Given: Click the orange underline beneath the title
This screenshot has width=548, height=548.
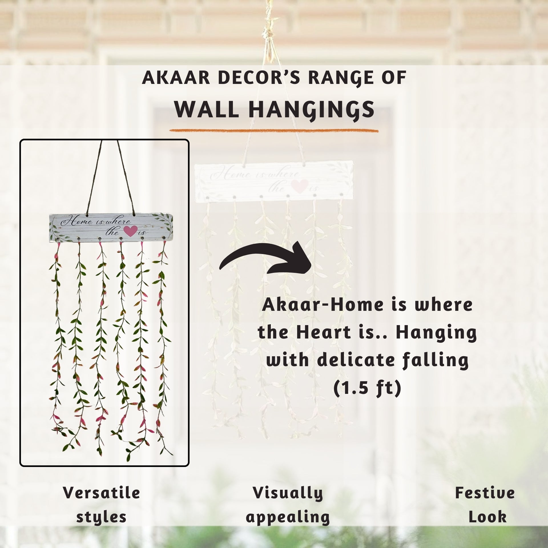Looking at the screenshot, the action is pos(274,131).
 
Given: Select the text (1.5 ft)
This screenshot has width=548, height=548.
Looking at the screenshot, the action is pos(367,388).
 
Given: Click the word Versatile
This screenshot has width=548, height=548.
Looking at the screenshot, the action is pos(102,493).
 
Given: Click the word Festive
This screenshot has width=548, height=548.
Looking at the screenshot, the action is pos(485,493).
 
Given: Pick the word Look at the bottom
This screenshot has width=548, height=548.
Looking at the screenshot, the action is pos(487,517).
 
